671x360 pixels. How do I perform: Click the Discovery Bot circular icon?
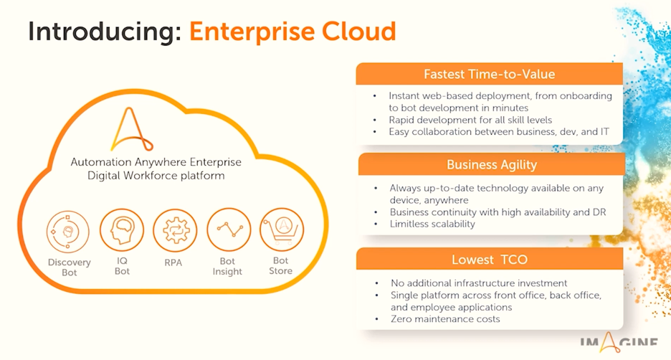point(68,232)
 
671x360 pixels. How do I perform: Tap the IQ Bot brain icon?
point(122,230)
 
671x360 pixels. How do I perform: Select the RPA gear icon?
point(175,230)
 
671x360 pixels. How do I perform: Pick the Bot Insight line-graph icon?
point(229,230)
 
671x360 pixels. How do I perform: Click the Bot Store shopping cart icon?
point(282,229)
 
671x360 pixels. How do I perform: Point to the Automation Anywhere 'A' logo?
point(131,129)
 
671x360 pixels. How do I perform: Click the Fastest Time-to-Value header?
point(489,74)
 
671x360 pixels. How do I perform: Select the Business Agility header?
point(492,165)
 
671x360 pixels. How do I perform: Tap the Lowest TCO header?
point(490,260)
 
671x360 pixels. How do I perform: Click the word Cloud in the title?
point(358,32)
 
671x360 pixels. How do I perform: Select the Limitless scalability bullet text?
point(432,224)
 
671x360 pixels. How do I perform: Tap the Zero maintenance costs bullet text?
point(445,319)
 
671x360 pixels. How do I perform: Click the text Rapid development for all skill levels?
point(470,120)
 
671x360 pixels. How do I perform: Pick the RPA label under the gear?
point(173,262)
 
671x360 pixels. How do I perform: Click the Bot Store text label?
point(281,265)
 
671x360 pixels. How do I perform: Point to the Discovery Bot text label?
point(70,267)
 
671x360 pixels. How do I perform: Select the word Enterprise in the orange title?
point(252,32)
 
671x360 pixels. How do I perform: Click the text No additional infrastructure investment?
point(479,283)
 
